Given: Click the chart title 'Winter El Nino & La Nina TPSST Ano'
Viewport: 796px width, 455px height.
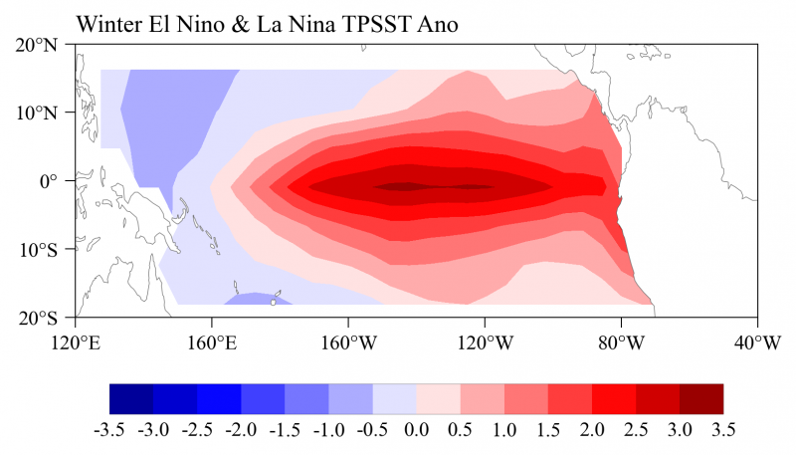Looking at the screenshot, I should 267,25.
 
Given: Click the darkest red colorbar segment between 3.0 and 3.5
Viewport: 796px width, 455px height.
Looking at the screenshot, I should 701,398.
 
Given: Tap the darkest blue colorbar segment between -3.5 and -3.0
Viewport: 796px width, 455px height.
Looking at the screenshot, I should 131,398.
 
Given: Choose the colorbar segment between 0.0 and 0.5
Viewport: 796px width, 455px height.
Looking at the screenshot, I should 438,398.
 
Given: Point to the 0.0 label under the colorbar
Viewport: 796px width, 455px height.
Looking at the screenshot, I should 417,430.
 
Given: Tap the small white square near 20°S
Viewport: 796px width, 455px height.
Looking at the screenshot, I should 274,302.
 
